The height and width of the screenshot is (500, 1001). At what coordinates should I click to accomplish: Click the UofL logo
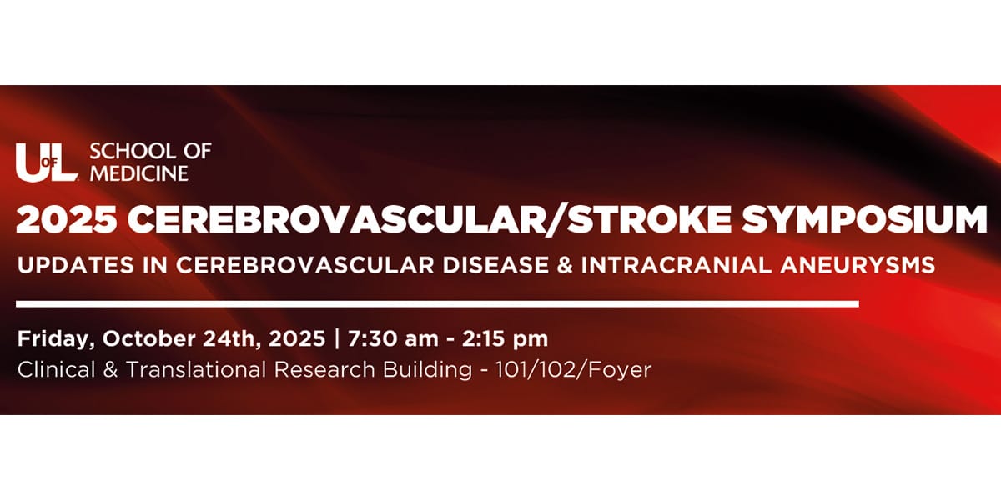click(47, 162)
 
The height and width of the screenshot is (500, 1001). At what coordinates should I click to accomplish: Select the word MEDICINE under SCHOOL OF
click(139, 173)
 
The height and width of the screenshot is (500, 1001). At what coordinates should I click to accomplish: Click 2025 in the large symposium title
click(67, 219)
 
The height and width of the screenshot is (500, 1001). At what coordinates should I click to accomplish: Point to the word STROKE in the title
click(650, 219)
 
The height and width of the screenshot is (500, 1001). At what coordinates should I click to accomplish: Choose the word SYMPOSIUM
click(864, 219)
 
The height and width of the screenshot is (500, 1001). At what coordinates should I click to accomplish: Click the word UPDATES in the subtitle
click(76, 265)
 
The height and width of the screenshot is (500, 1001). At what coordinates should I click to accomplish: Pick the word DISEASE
click(496, 265)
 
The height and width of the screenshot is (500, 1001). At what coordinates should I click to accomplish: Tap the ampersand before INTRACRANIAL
click(566, 265)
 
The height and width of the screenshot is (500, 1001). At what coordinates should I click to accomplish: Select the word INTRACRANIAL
click(677, 265)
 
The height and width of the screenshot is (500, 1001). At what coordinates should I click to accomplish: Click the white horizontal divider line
click(437, 304)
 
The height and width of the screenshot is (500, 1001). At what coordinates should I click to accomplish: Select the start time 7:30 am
click(393, 339)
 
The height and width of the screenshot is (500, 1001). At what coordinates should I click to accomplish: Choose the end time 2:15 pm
click(505, 339)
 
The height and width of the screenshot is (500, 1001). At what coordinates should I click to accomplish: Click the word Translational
click(196, 370)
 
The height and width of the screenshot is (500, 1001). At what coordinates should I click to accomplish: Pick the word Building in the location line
click(428, 370)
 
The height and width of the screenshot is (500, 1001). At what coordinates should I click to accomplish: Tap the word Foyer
click(620, 371)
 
